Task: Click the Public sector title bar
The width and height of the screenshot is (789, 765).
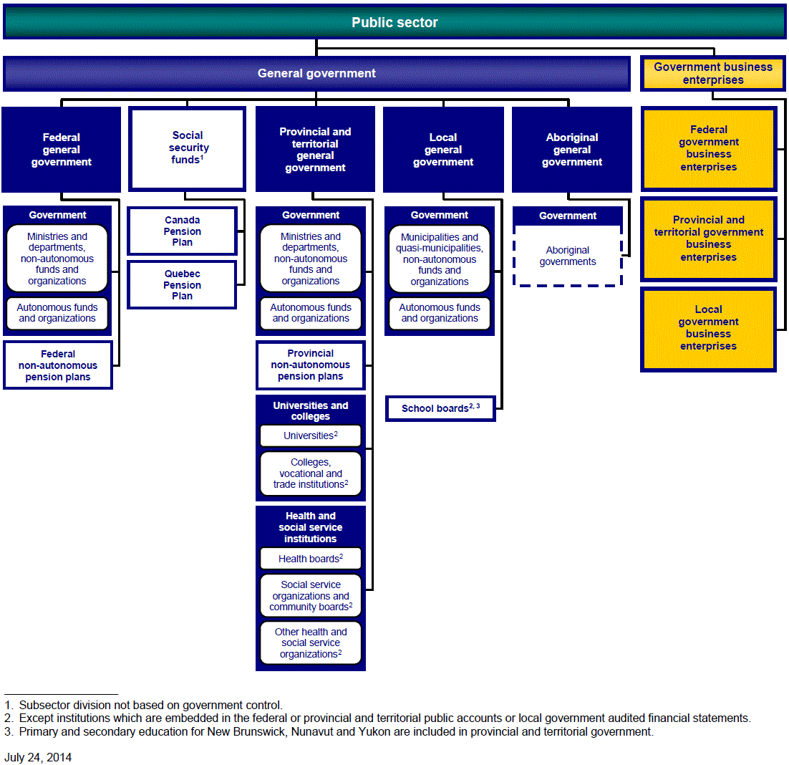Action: click(x=394, y=22)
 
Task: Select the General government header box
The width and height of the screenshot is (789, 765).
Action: click(x=316, y=74)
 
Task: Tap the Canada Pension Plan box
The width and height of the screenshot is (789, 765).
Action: click(x=182, y=231)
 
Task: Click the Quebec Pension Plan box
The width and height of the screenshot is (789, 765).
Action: click(x=182, y=285)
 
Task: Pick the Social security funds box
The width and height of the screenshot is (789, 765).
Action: click(x=188, y=148)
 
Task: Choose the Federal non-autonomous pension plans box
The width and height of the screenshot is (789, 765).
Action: click(x=58, y=365)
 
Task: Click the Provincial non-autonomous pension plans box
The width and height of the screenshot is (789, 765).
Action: click(x=311, y=365)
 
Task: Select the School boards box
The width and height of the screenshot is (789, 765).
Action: click(x=440, y=408)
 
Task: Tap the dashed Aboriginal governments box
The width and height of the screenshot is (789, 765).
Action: click(x=568, y=256)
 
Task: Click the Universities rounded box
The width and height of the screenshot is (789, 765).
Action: click(x=311, y=436)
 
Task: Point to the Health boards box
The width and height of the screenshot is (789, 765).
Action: click(x=311, y=559)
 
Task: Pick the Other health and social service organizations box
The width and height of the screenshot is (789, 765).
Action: click(x=311, y=643)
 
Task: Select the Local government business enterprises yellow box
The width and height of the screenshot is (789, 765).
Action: click(x=708, y=328)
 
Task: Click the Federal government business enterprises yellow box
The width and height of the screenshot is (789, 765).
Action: click(x=709, y=148)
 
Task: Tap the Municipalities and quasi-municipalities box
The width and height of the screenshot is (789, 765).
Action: click(x=440, y=259)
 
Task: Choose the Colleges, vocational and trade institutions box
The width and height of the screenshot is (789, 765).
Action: click(x=311, y=474)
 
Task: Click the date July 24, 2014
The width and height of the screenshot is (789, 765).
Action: click(x=38, y=757)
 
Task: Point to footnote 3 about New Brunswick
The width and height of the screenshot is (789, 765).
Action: click(x=329, y=732)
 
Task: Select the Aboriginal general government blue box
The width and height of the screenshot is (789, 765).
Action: click(x=572, y=150)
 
